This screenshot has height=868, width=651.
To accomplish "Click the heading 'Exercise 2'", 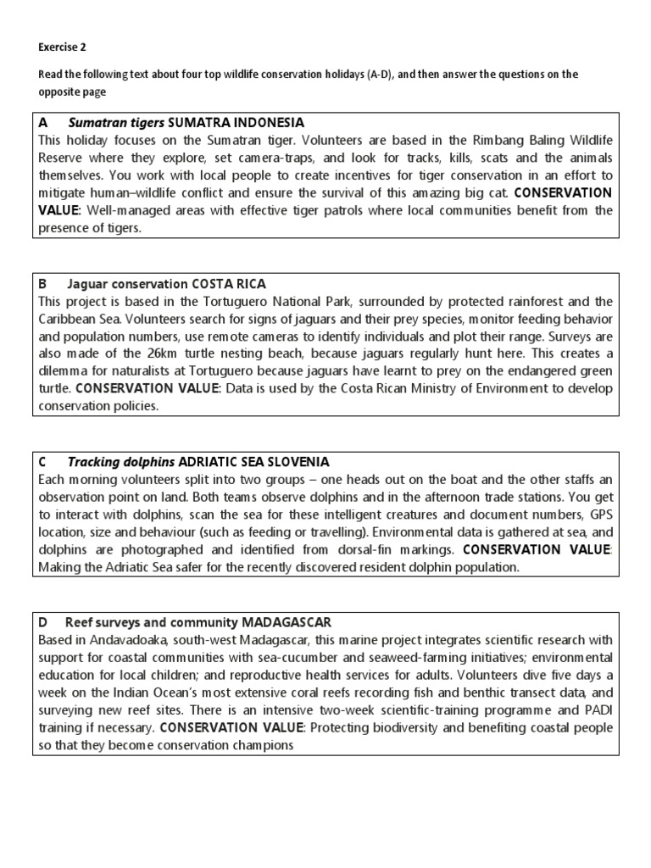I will (62, 47).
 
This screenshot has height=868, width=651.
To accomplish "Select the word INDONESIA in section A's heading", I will (264, 123).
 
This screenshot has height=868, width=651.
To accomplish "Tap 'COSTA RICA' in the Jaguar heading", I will (229, 284).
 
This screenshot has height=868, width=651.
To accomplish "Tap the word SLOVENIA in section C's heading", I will (296, 462).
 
